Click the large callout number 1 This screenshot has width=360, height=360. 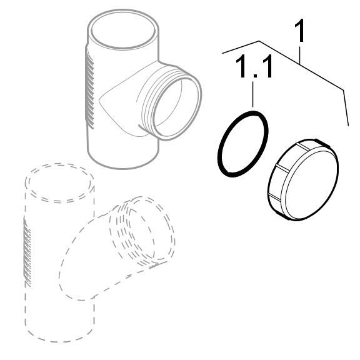pyautogui.click(x=299, y=31)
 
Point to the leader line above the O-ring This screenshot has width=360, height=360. pyautogui.click(x=253, y=94)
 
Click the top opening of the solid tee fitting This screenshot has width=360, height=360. pyautogui.click(x=123, y=29)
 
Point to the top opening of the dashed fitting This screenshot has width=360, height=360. pyautogui.click(x=59, y=182)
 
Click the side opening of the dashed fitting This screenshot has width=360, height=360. pyautogui.click(x=151, y=229)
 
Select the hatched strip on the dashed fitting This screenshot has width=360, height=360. pyautogui.click(x=27, y=251)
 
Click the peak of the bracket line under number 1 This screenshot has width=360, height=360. pyautogui.click(x=259, y=41)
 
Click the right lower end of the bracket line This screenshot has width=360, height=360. pyautogui.click(x=348, y=126)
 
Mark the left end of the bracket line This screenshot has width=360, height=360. pyautogui.click(x=222, y=53)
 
